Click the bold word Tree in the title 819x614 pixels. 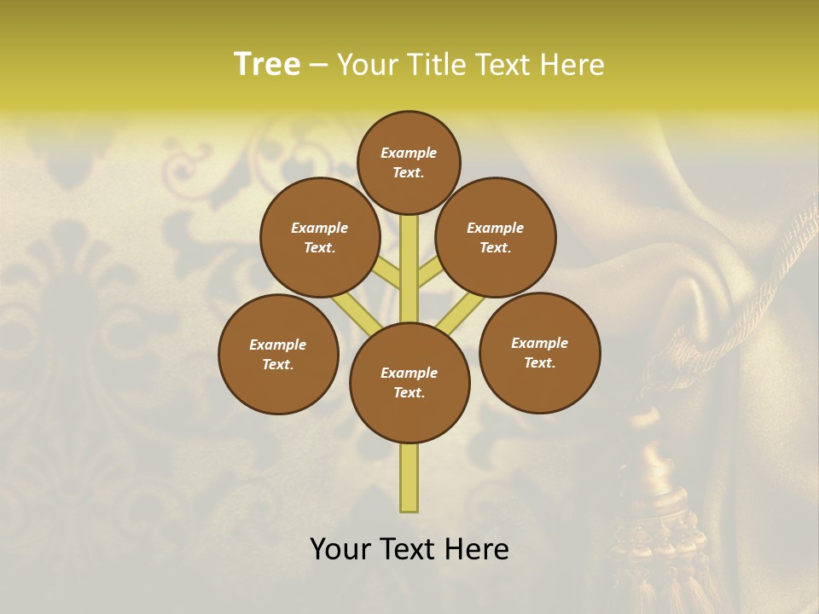tap(267, 64)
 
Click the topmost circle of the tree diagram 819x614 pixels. tap(409, 162)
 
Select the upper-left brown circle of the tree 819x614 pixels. tap(320, 237)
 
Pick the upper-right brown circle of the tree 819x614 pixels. tap(496, 237)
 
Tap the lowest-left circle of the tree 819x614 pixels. tap(278, 354)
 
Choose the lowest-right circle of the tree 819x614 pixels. tap(539, 352)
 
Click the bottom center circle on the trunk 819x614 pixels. tap(409, 382)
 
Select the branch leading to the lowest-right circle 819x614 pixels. tap(462, 312)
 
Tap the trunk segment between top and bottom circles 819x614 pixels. tap(409, 269)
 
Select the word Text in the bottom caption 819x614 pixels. tap(412, 549)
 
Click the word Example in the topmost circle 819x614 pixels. tap(409, 153)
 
